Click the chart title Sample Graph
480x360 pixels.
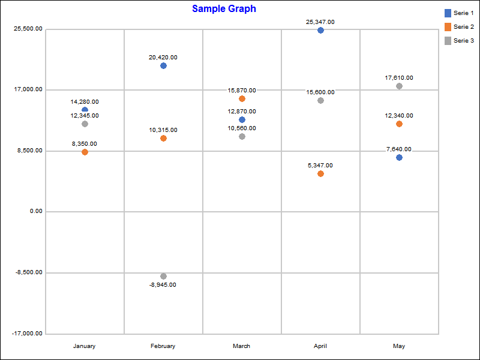coord(224,9)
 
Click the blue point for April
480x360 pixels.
coord(320,30)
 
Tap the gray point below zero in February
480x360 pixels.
coord(163,276)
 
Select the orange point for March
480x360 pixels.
coord(242,98)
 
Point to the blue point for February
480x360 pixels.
coord(163,65)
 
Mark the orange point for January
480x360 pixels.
coord(85,152)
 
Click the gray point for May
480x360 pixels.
coord(399,86)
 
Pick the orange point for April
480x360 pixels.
coord(320,173)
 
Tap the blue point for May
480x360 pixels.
coord(399,157)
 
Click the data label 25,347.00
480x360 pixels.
coord(320,22)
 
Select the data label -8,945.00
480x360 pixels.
coord(163,285)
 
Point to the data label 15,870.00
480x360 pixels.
coord(242,90)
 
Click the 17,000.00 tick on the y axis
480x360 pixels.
coord(28,89)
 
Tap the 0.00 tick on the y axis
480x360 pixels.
coord(35,211)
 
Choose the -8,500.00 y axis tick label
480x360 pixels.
coord(28,272)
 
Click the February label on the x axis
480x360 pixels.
coord(163,346)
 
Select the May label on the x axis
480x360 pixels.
coord(399,346)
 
